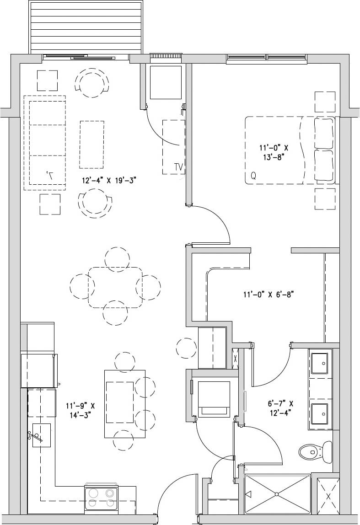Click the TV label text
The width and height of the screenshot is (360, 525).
click(179, 167)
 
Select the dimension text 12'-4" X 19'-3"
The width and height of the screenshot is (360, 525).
click(109, 181)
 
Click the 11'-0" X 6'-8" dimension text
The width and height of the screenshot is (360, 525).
click(268, 295)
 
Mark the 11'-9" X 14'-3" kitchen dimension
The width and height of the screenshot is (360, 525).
click(80, 410)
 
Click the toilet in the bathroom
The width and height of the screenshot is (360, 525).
click(316, 451)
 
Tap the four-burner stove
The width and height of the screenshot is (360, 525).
click(101, 498)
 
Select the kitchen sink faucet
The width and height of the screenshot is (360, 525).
click(37, 436)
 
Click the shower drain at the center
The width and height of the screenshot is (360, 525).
click(277, 494)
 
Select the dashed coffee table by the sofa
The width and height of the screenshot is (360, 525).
click(92, 145)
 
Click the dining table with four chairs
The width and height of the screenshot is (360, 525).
click(115, 287)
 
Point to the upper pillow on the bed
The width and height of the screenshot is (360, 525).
click(324, 133)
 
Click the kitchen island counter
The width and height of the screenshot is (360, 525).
click(125, 403)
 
